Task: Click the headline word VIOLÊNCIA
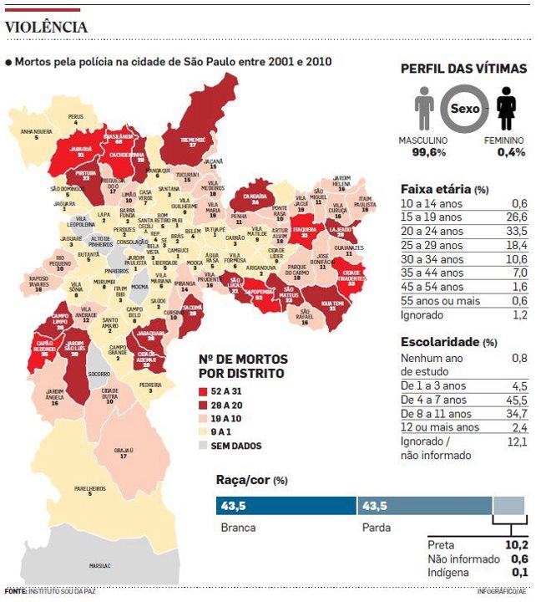click(x=46, y=27)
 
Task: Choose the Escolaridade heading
click(x=439, y=342)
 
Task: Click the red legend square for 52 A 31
click(x=203, y=391)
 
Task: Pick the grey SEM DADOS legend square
click(x=203, y=446)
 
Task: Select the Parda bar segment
click(x=424, y=506)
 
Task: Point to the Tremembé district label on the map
click(x=193, y=140)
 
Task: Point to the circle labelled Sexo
click(x=465, y=110)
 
